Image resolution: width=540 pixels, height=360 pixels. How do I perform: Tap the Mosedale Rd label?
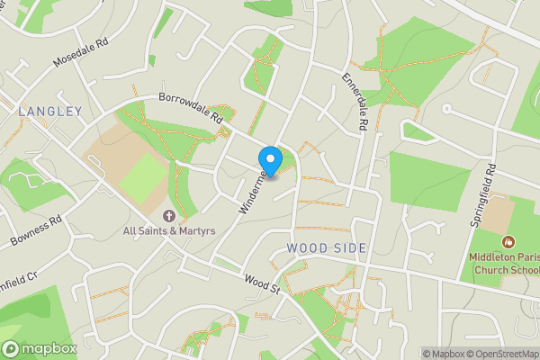[80, 54]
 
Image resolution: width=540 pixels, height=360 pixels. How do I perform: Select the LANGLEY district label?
[49, 112]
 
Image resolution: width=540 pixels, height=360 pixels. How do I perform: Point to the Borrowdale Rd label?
[190, 107]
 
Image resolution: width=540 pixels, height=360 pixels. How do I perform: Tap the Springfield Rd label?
[491, 184]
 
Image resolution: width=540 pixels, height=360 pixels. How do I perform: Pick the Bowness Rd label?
[36, 231]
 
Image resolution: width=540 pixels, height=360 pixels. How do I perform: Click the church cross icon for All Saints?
[168, 216]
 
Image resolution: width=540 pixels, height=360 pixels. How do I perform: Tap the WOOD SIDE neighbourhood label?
[327, 247]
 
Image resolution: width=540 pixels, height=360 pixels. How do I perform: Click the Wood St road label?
[260, 284]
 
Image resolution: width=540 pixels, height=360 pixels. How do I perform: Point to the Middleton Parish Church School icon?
[509, 241]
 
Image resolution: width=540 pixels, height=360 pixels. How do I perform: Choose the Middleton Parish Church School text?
[504, 261]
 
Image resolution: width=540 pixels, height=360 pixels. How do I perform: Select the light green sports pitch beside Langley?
[143, 177]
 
